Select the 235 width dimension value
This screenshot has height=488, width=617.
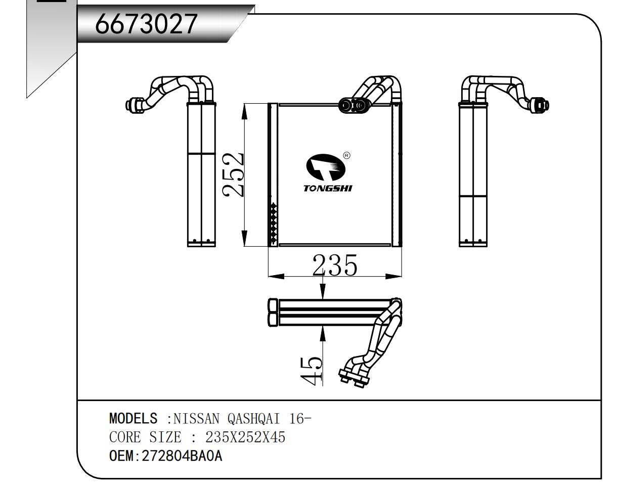click(x=335, y=265)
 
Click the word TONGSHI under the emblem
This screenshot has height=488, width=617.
click(x=328, y=189)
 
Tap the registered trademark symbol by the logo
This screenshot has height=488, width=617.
click(x=346, y=156)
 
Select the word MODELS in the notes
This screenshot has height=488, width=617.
click(x=133, y=419)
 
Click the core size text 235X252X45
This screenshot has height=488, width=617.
click(x=245, y=437)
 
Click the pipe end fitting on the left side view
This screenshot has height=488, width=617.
click(x=134, y=104)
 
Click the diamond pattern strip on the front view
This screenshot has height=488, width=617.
click(x=274, y=221)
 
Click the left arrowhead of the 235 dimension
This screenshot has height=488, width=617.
click(x=275, y=277)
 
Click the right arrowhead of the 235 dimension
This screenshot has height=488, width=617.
click(x=394, y=277)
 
